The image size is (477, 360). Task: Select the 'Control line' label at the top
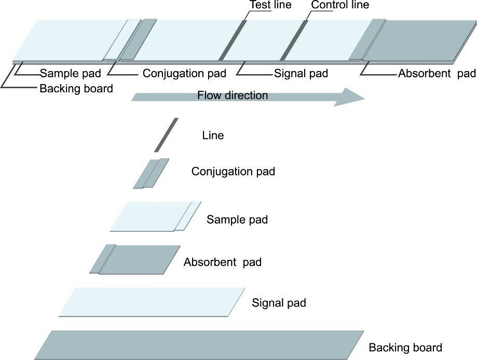point(339,5)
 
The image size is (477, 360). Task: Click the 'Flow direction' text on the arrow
point(233,95)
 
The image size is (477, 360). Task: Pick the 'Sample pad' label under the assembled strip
point(71,74)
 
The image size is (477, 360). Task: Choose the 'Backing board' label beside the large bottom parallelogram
point(405,348)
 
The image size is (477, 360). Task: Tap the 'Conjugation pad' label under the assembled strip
point(184,74)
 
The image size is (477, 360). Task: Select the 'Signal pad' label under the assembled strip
point(301,74)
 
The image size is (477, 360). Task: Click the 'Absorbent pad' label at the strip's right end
point(437,74)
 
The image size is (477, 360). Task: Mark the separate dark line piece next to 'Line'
point(166,135)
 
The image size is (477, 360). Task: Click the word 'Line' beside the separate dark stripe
point(213,136)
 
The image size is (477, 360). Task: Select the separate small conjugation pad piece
point(151,173)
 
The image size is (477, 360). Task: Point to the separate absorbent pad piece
point(135,259)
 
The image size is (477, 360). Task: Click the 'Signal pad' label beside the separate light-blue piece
point(279,303)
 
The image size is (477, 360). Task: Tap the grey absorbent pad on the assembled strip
point(415,40)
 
